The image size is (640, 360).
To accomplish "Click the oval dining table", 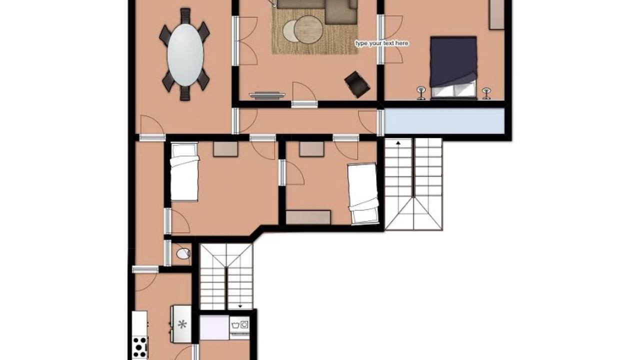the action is tap(185, 55).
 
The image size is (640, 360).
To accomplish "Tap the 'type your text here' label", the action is tap(381, 43).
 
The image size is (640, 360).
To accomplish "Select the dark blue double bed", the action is tap(453, 67).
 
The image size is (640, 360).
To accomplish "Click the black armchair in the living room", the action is tap(357, 84).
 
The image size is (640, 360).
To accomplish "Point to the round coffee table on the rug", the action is tap(308, 29).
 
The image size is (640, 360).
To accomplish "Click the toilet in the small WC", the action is tap(183, 253).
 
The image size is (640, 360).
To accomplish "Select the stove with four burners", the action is tap(140, 347).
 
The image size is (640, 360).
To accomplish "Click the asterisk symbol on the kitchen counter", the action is tap(182, 324).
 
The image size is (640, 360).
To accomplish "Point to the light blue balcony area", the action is tap(444, 121).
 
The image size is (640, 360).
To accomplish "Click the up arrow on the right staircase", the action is tap(398, 143).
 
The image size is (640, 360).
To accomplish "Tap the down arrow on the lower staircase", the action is tap(240, 306).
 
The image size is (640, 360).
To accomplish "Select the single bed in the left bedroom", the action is tap(184, 172).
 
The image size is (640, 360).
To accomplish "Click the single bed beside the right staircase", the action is tap(363, 193).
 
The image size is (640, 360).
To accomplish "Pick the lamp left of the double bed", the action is tap(421, 93).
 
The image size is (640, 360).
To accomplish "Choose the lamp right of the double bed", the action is tap(486, 93).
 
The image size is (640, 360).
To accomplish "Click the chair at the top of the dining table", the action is tap(185, 16).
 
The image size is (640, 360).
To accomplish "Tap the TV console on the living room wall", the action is tap(267, 95).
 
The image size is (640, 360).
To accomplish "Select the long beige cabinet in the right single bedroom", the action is tap(308, 217).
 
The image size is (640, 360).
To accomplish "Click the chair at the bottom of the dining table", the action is tap(185, 93).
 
